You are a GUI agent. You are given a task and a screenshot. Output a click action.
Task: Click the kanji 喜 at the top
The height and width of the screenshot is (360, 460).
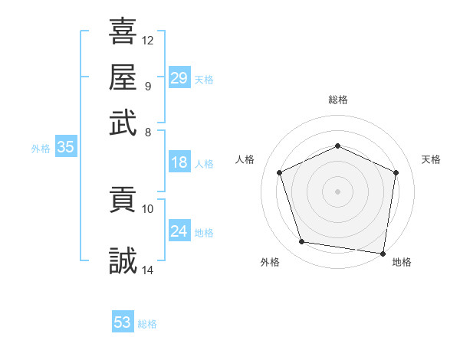[123, 31]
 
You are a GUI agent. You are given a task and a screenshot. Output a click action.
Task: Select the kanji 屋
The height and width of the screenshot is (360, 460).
[123, 77]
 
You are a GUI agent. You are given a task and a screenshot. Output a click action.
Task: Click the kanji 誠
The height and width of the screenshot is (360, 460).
[123, 260]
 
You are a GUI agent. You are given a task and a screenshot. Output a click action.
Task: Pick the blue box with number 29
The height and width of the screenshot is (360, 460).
[179, 78]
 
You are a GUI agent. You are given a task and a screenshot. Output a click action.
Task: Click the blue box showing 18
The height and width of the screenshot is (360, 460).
[179, 162]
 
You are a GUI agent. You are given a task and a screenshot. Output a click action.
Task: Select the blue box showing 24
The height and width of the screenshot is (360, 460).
[179, 231]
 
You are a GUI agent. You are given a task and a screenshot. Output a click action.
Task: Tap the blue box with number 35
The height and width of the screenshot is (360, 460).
[65, 148]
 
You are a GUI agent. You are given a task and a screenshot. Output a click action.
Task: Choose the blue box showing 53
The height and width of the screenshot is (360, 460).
[123, 322]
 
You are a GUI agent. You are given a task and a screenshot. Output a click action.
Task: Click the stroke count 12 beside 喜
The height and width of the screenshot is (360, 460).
[148, 40]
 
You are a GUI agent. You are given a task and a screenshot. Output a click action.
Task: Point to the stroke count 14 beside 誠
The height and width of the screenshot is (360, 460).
[148, 269]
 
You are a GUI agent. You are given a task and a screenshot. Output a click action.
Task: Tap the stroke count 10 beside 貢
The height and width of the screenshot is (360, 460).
[148, 208]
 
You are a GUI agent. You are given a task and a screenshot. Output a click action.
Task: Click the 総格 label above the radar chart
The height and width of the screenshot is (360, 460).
[338, 100]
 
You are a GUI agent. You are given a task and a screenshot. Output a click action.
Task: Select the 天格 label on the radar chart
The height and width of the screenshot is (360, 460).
[431, 159]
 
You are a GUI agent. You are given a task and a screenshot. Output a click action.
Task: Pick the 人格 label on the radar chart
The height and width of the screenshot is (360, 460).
[245, 159]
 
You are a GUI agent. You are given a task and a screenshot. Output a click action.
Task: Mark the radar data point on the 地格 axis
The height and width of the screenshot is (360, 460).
[383, 253]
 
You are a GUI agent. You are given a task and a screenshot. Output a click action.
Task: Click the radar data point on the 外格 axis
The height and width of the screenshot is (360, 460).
[302, 242]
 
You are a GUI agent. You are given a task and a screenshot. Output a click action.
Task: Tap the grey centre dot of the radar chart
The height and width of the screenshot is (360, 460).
[338, 191]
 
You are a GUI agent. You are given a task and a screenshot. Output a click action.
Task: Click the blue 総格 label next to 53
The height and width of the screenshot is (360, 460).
[147, 324]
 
